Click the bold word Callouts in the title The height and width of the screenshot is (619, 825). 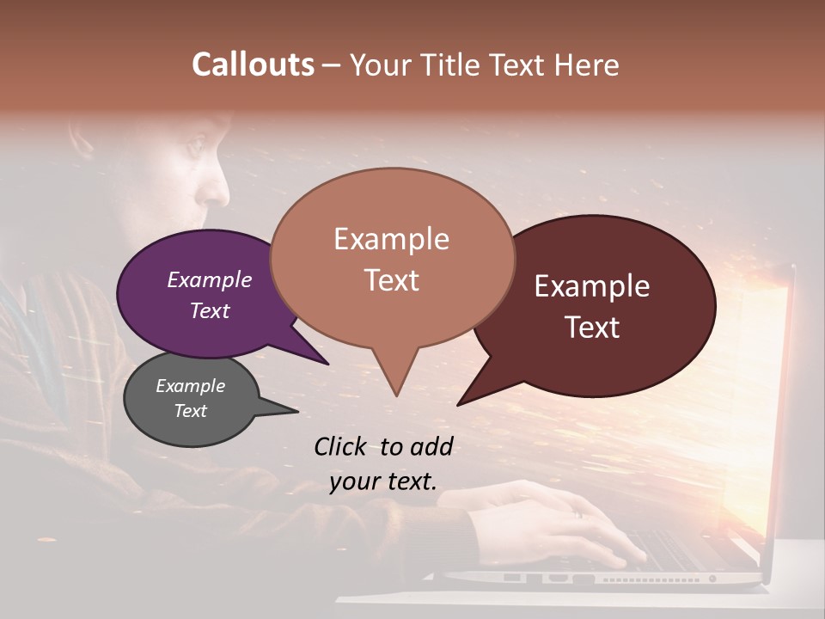point(253,64)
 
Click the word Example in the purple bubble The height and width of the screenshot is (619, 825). point(209,279)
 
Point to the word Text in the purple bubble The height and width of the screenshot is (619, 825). point(209,310)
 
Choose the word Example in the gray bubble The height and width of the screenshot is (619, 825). point(190,386)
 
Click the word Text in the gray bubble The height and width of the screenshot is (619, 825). point(190,411)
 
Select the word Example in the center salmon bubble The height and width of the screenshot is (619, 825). point(391,239)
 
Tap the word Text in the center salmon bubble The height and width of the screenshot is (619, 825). point(391,280)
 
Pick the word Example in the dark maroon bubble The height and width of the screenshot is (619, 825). point(592,286)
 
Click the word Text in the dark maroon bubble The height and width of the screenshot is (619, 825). point(592,328)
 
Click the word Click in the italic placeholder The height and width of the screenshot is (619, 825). point(342,446)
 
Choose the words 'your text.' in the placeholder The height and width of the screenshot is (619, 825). point(382,481)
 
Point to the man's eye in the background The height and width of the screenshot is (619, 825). point(195,145)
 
